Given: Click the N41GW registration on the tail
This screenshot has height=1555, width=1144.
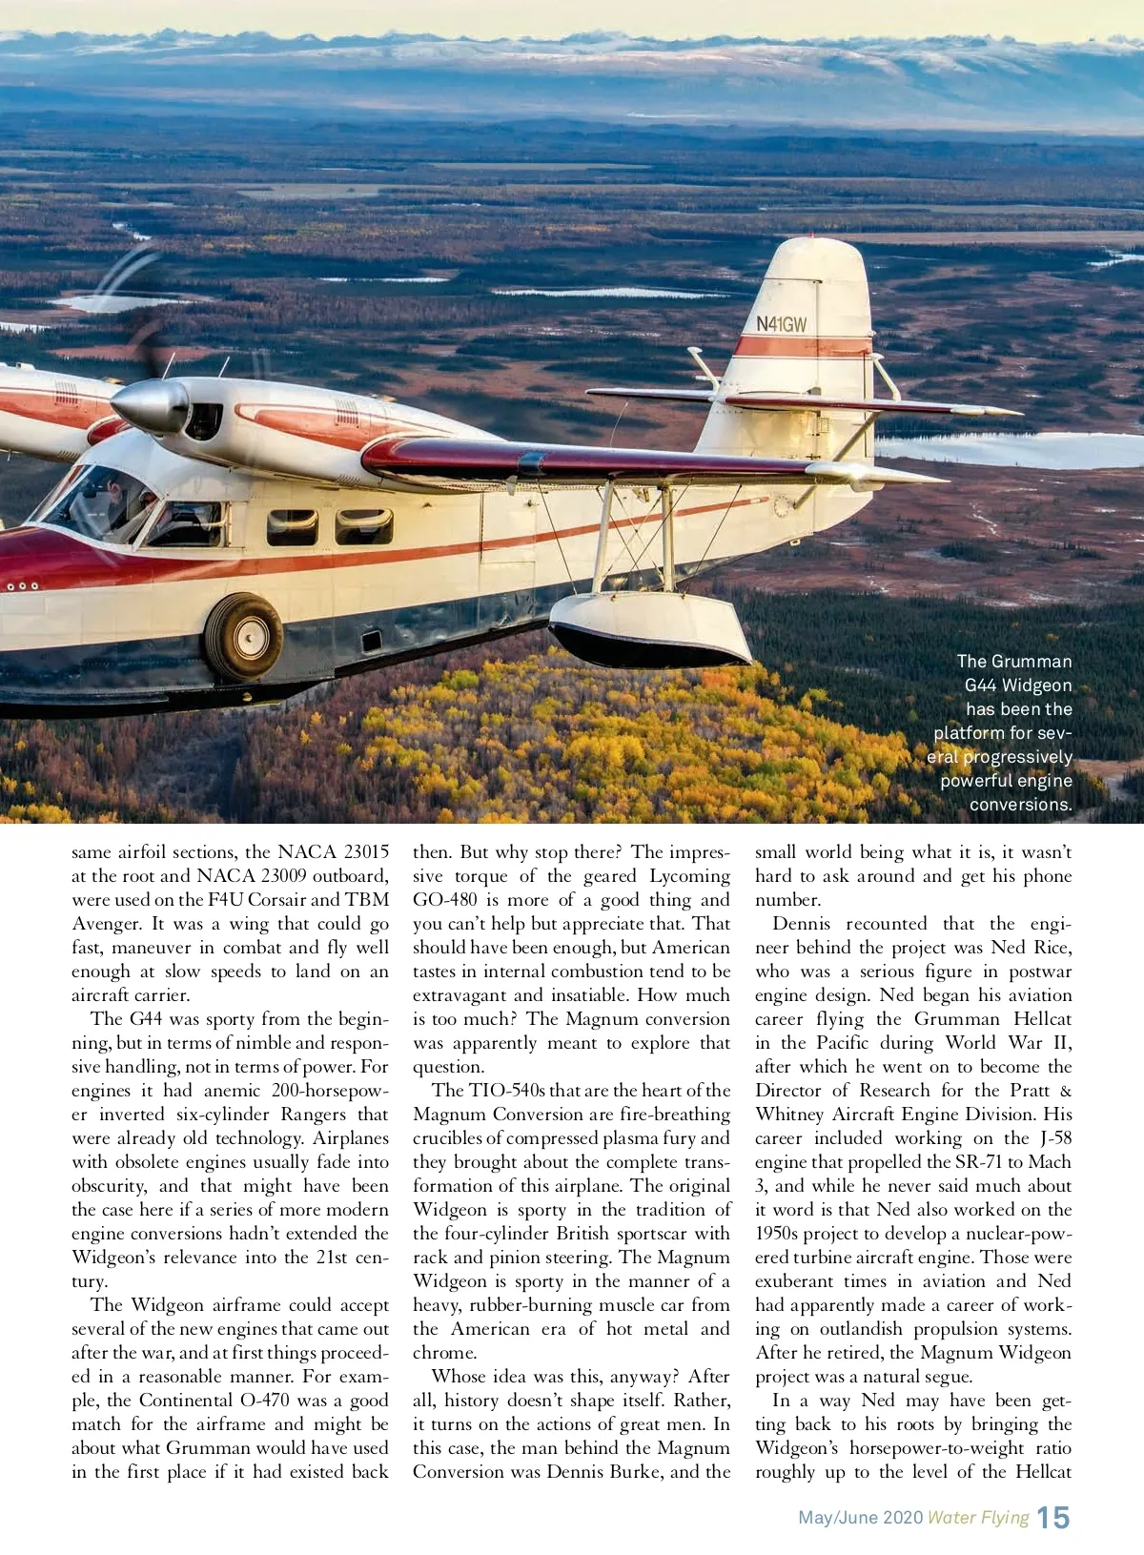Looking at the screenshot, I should click(781, 324).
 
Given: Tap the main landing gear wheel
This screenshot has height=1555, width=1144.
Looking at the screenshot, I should click(244, 637).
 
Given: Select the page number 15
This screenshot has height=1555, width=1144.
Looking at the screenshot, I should click(1053, 1517).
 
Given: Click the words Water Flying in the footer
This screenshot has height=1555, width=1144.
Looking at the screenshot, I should click(978, 1518).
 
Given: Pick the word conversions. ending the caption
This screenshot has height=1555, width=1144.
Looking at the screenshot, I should click(1020, 805).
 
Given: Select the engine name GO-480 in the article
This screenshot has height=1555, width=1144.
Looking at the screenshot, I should click(445, 900).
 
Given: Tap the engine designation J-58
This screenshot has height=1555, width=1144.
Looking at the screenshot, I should click(1055, 1138).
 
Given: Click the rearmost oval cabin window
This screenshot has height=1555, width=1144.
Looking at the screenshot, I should click(363, 526).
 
